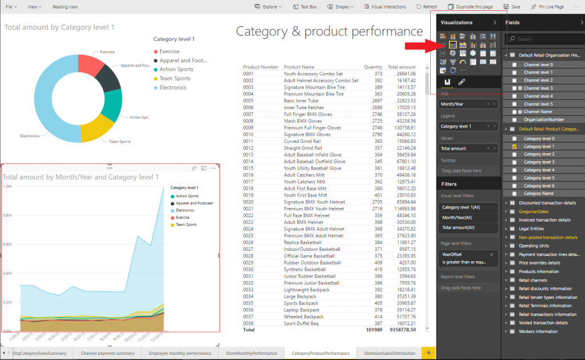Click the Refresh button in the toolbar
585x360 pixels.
(426, 7)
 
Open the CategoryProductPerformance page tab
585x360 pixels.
(320, 353)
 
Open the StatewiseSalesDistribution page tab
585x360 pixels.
(389, 353)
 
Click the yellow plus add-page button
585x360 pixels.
(428, 353)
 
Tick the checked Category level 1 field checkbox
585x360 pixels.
(514, 146)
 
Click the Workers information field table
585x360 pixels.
(538, 331)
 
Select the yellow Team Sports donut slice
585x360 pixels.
(96, 129)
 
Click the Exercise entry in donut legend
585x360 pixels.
(169, 51)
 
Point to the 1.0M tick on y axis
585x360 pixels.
(7, 186)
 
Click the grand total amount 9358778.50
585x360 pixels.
(402, 330)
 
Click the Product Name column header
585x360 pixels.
(299, 67)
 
